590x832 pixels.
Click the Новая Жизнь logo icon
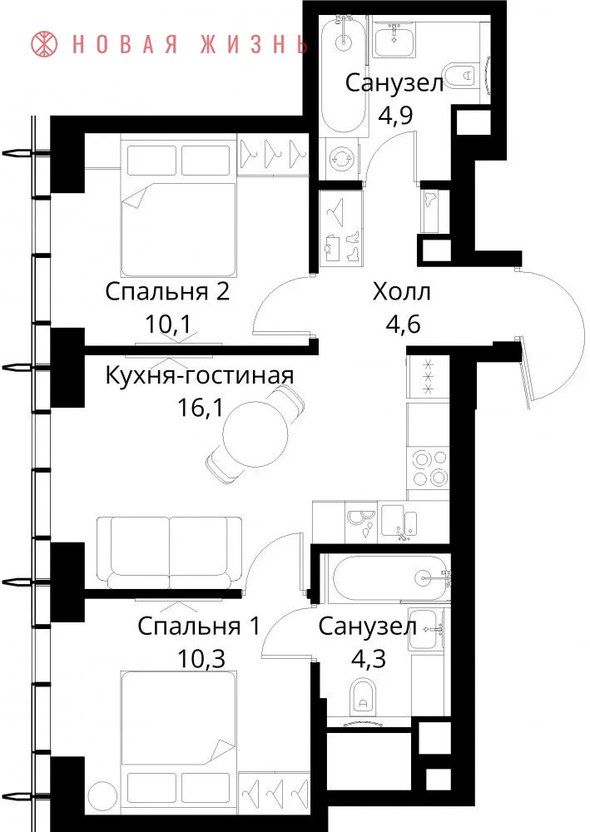pyautogui.click(x=45, y=44)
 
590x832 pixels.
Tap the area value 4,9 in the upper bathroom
pyautogui.click(x=395, y=115)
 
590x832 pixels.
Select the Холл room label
pyautogui.click(x=402, y=291)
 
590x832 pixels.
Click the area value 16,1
pyautogui.click(x=201, y=409)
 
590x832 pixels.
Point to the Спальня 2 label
pyautogui.click(x=167, y=291)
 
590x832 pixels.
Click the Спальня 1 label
pyautogui.click(x=199, y=626)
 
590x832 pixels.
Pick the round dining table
pyautogui.click(x=255, y=433)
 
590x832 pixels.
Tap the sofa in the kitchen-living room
pyautogui.click(x=169, y=552)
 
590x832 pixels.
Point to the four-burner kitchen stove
pyautogui.click(x=429, y=468)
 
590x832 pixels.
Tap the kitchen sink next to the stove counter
pyautogui.click(x=399, y=522)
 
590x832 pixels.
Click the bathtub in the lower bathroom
pyautogui.click(x=387, y=578)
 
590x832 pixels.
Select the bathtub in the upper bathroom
pyautogui.click(x=345, y=75)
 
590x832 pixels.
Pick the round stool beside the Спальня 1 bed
pyautogui.click(x=102, y=795)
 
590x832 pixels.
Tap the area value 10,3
pyautogui.click(x=201, y=659)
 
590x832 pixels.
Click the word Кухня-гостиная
pyautogui.click(x=200, y=376)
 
